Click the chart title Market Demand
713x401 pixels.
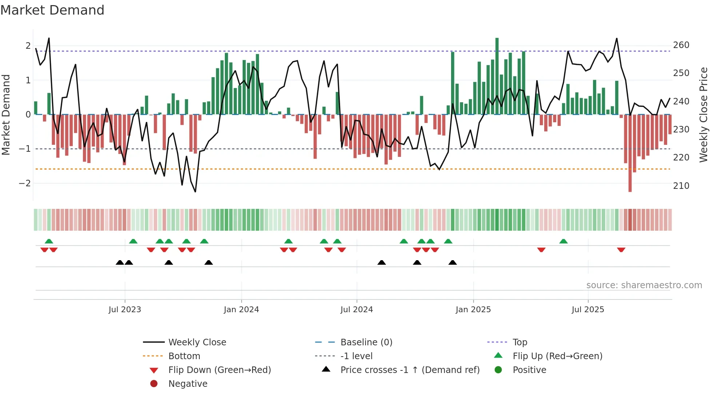coord(52,10)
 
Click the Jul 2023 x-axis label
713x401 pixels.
coord(124,310)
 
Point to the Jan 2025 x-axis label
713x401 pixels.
coord(473,310)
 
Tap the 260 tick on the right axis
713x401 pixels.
coord(681,45)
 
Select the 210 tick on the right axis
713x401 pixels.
coord(681,186)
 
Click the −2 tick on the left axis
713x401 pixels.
coord(25,183)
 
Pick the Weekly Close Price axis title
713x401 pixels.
coord(704,115)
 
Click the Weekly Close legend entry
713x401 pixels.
coord(197,342)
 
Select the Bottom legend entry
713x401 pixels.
coord(184,356)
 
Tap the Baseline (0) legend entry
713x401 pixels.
coord(366,342)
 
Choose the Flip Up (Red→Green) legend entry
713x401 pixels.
coord(557,356)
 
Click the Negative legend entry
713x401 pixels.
coord(188,384)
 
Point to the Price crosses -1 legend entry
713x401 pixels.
coord(410,370)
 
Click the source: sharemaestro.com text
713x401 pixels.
coord(644,285)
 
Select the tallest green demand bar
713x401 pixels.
coord(497,76)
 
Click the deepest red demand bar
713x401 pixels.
coord(630,153)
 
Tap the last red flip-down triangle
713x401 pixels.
coord(621,250)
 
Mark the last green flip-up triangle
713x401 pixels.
coord(563,241)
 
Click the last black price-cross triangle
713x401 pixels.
coord(453,262)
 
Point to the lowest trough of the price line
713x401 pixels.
coord(195,191)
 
